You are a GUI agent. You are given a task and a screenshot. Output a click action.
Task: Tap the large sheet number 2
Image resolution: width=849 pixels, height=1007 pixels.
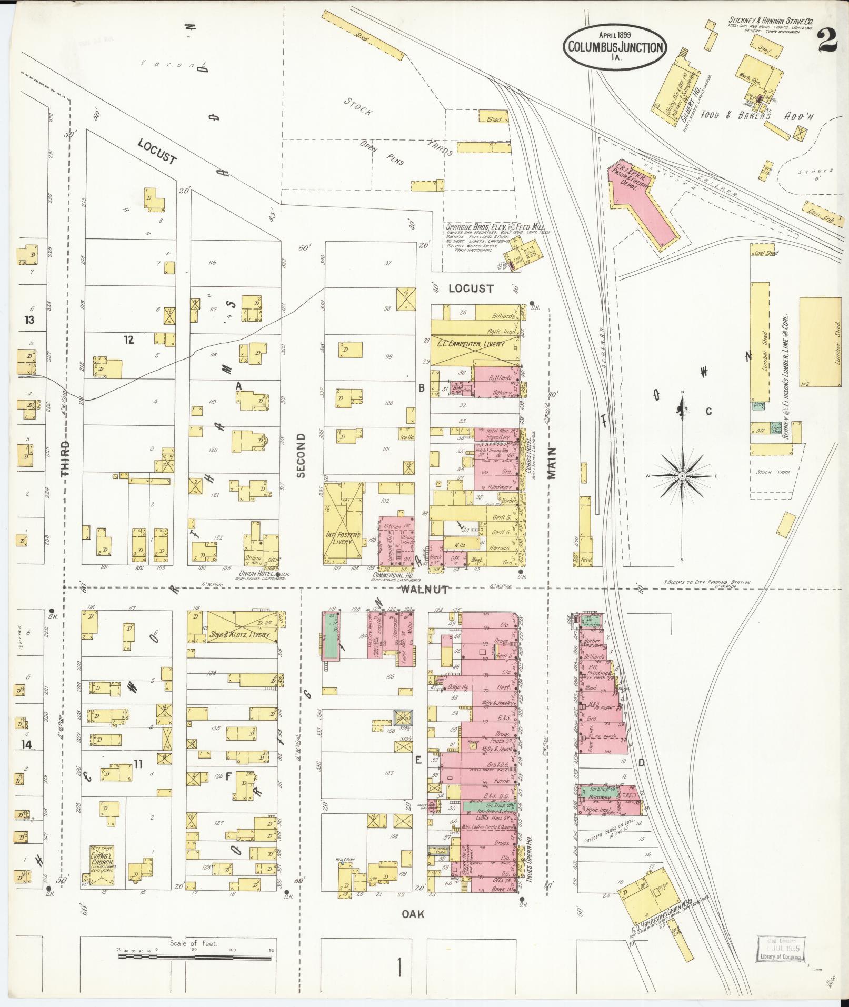click(x=828, y=40)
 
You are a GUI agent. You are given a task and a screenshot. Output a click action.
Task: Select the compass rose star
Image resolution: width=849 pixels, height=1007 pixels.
click(x=682, y=475)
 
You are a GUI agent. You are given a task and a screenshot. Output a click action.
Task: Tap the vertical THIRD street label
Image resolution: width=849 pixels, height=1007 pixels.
click(x=65, y=458)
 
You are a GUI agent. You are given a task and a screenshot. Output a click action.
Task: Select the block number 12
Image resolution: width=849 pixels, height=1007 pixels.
click(x=128, y=340)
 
